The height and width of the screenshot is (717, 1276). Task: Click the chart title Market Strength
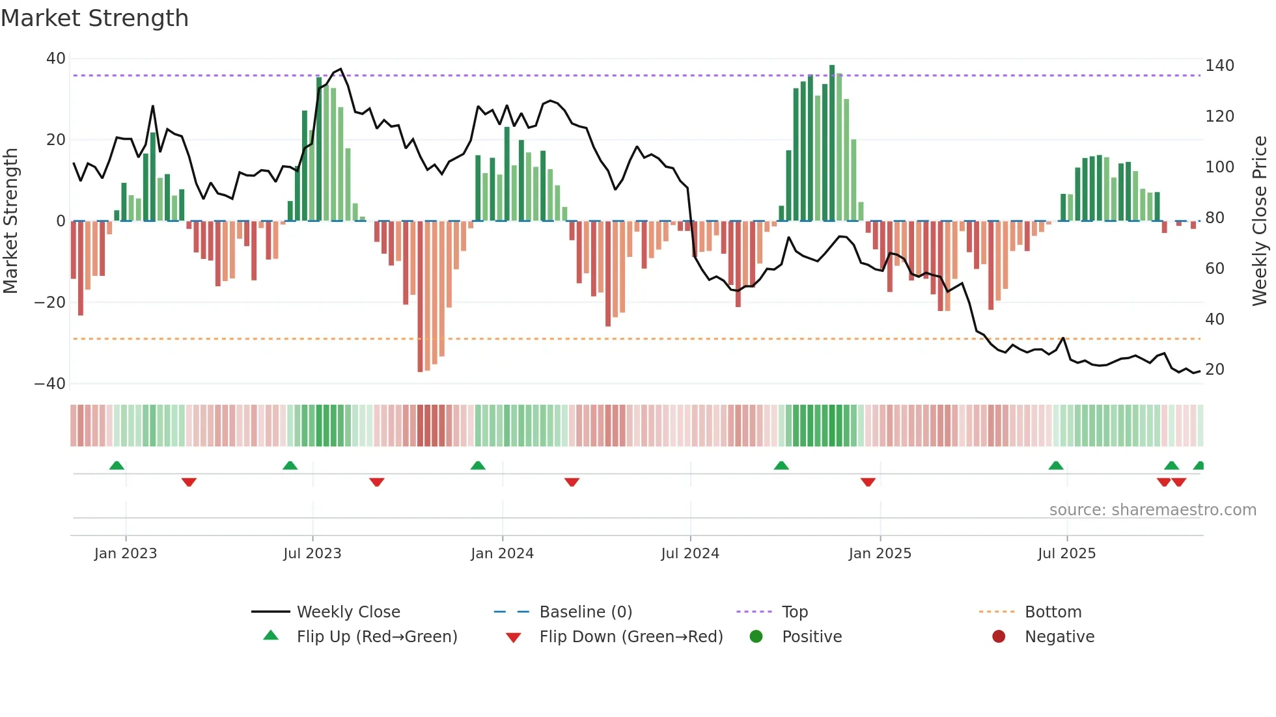click(x=94, y=18)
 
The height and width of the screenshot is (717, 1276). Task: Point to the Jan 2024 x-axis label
click(x=502, y=554)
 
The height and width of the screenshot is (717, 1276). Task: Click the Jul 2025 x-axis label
click(x=1066, y=554)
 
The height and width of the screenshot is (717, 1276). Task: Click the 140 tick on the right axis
click(x=1219, y=66)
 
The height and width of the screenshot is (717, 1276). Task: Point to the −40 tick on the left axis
click(x=50, y=384)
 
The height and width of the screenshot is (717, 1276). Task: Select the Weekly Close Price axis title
click(x=1260, y=221)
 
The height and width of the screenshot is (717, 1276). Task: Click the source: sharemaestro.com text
click(x=1152, y=510)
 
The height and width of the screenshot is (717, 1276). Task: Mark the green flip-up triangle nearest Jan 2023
click(x=117, y=465)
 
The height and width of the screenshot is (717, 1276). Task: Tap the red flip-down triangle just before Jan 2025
click(x=868, y=482)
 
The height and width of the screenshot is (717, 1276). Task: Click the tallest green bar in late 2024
click(x=832, y=143)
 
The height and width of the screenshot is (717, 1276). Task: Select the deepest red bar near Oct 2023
click(x=420, y=296)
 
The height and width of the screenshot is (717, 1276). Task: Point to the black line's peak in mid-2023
click(x=340, y=69)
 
